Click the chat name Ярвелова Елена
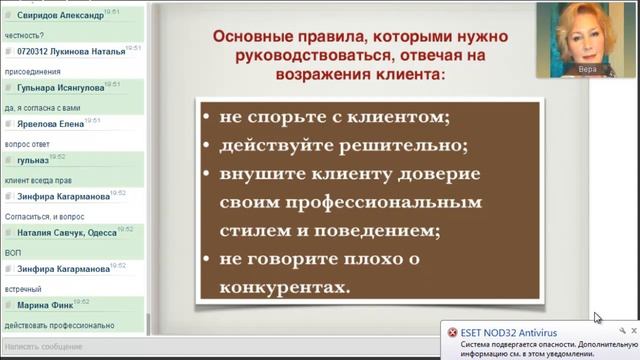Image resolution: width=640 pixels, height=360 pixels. pyautogui.click(x=51, y=125)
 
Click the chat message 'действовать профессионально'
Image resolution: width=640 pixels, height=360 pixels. pyautogui.click(x=61, y=324)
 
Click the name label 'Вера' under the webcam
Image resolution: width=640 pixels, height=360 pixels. pyautogui.click(x=588, y=69)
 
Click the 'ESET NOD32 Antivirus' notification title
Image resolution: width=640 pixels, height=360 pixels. pyautogui.click(x=510, y=332)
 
